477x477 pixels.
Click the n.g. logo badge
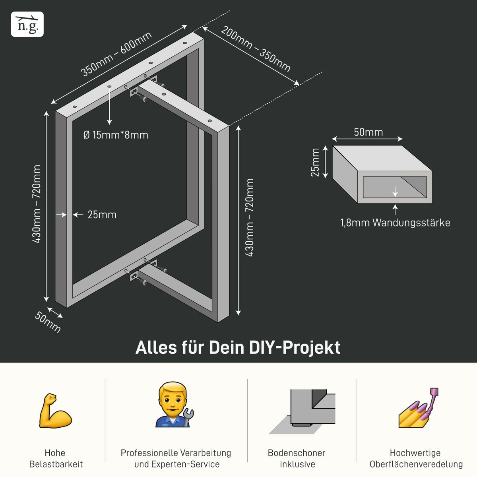[27, 24]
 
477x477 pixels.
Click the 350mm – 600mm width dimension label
[116, 54]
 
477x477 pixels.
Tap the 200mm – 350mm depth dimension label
[256, 49]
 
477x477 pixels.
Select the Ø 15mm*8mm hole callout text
[116, 135]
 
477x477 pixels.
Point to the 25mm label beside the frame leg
[102, 215]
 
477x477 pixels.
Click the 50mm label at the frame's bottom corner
[48, 322]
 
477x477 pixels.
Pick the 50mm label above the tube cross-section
[368, 132]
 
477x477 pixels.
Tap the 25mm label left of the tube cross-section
[315, 162]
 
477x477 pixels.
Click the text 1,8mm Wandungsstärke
[395, 223]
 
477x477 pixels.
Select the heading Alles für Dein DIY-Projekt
[238, 347]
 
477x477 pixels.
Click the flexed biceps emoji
[55, 411]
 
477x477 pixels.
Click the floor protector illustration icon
[302, 412]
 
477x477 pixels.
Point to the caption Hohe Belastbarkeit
[56, 458]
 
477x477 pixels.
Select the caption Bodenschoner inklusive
[297, 458]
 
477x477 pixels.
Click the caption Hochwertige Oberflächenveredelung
[416, 458]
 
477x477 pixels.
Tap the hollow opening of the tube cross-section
[395, 187]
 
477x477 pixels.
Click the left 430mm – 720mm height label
[37, 204]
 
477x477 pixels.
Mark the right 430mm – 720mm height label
[249, 217]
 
